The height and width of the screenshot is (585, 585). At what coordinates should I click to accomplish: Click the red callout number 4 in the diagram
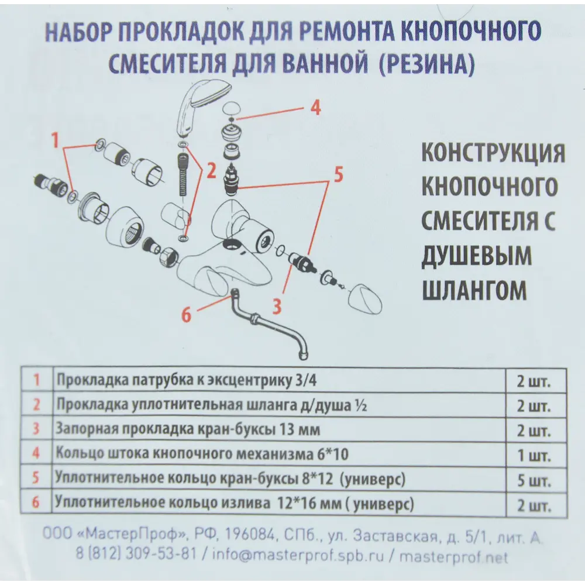click(x=315, y=108)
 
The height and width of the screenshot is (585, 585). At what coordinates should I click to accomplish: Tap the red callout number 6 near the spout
click(x=186, y=315)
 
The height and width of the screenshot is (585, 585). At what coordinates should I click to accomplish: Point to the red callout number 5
click(x=338, y=174)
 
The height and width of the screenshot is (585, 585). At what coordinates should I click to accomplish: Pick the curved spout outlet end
click(x=302, y=352)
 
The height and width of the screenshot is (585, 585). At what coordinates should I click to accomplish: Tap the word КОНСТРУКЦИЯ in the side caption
click(x=493, y=153)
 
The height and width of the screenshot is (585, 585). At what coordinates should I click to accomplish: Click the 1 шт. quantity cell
click(x=533, y=456)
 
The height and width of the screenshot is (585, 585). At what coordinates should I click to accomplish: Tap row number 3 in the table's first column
click(x=36, y=430)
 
